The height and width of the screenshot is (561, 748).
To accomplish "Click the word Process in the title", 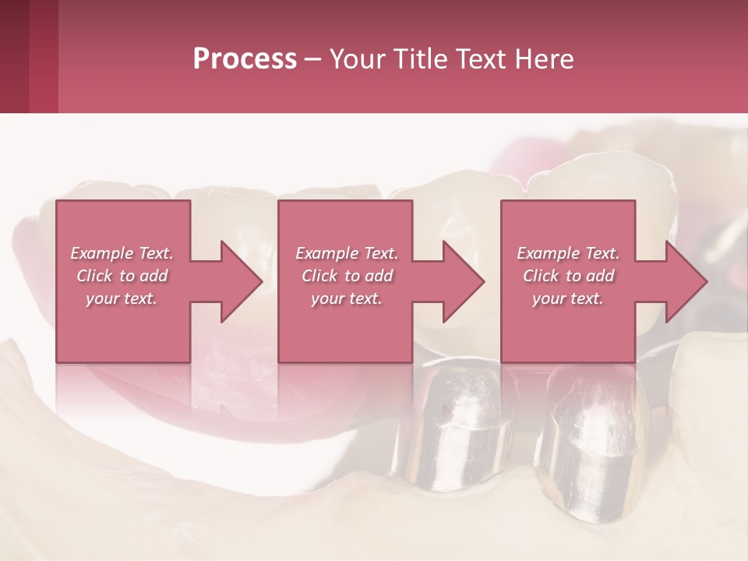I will point(245,59).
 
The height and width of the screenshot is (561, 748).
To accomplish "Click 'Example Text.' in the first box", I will point(122,254).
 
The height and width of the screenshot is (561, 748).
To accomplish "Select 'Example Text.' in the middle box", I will point(347,254).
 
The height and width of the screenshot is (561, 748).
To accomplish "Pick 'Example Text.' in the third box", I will point(569,254).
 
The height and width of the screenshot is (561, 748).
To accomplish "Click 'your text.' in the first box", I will point(122,298).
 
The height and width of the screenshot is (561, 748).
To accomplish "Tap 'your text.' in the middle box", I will point(347,298).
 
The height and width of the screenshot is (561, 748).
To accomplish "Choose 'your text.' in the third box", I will point(568,298).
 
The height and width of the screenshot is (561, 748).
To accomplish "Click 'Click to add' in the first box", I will point(122,276).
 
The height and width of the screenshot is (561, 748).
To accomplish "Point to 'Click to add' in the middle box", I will point(347,276).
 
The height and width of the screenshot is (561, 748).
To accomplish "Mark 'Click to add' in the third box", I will point(569,276).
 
